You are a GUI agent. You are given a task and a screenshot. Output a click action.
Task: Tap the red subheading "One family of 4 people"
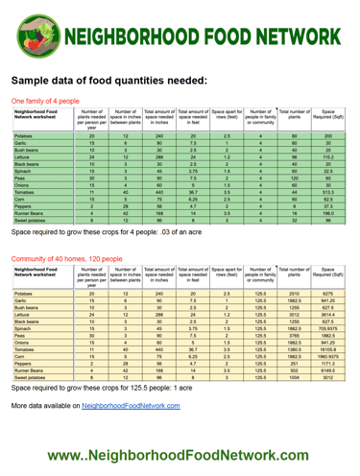pyautogui.click(x=44, y=100)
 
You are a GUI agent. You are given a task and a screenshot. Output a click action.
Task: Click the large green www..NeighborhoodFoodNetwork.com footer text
pyautogui.click(x=180, y=452)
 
